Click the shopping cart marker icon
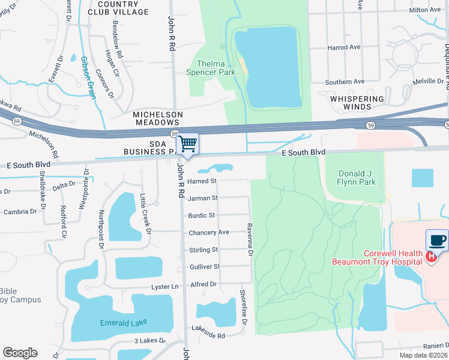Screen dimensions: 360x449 pyautogui.click(x=188, y=145)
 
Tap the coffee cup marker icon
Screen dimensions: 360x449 pyautogui.click(x=437, y=241)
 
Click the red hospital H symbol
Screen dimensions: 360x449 pyautogui.click(x=430, y=257)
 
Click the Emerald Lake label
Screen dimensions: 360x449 pyautogui.click(x=123, y=323)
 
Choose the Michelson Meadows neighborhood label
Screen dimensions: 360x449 pyautogui.click(x=157, y=118)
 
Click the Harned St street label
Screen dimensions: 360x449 pyautogui.click(x=202, y=181)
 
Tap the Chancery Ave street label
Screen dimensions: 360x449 pyautogui.click(x=209, y=232)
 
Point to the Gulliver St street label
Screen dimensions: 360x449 pyautogui.click(x=205, y=266)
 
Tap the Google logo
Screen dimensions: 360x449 pyautogui.click(x=20, y=353)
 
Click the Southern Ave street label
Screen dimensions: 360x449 pyautogui.click(x=345, y=82)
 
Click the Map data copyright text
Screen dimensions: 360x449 pyautogui.click(x=423, y=355)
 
